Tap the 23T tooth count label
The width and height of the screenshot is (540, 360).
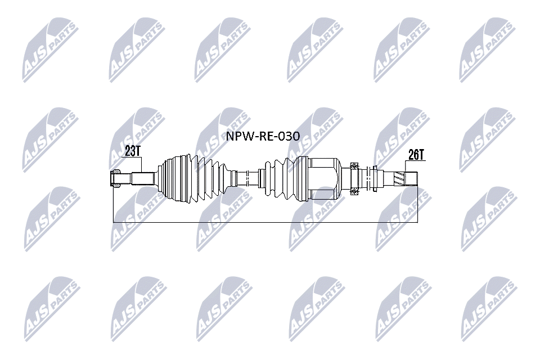(132, 151)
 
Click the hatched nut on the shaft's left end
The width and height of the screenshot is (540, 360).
(115, 178)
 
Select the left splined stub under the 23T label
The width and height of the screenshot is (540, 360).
(143, 178)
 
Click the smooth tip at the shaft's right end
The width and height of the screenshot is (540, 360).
(412, 178)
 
